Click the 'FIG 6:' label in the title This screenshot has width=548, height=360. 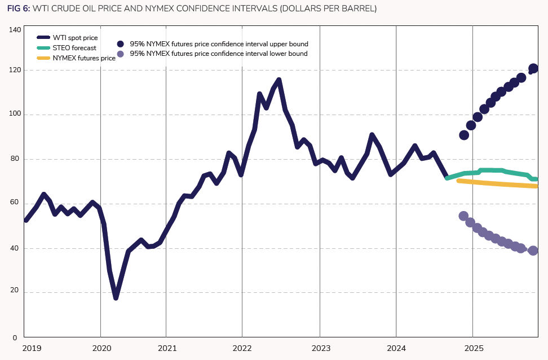(19, 9)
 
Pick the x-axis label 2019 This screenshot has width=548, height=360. (32, 348)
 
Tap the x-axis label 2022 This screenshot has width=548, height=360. (242, 348)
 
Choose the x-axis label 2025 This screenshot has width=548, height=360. (472, 348)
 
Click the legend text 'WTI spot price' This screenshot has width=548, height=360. (75, 38)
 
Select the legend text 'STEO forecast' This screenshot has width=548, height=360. (74, 48)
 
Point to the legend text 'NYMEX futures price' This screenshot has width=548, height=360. (84, 58)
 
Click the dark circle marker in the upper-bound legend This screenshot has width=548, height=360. (120, 43)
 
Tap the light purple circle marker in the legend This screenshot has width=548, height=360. (120, 54)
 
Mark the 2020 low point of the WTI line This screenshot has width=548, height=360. (116, 297)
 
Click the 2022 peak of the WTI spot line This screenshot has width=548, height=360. (279, 80)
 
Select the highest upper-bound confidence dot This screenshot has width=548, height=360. (533, 69)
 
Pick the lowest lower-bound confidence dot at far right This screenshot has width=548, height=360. (533, 251)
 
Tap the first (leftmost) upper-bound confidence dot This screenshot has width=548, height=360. (464, 135)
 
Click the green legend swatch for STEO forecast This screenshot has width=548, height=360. (43, 48)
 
